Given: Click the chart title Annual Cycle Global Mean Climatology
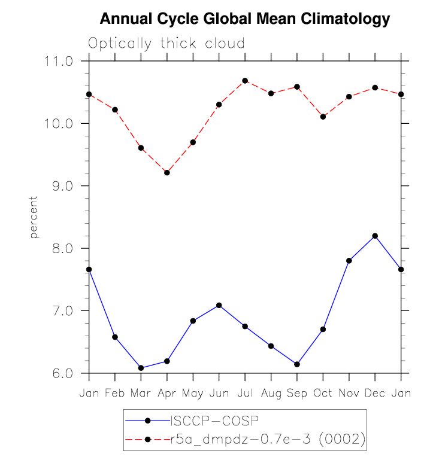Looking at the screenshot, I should point(244,19).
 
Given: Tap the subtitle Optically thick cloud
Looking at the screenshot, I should point(166,44).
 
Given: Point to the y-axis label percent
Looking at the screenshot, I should point(34,217).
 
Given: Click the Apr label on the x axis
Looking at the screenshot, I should point(167,394).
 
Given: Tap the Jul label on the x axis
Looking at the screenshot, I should point(245,394).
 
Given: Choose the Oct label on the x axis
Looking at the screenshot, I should point(323,394).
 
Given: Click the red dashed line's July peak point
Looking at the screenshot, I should point(245,81).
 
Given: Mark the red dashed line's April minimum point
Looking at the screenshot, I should point(167,173).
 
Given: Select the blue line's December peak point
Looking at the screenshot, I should point(375,236).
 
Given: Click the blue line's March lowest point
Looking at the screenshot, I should point(141,368).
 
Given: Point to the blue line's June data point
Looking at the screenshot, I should point(219,305).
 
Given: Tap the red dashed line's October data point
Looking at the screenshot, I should point(323,117).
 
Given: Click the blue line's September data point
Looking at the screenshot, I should point(297,364).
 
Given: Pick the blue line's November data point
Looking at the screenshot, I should point(349,261).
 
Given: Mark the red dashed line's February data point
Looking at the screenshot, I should point(115,109).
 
